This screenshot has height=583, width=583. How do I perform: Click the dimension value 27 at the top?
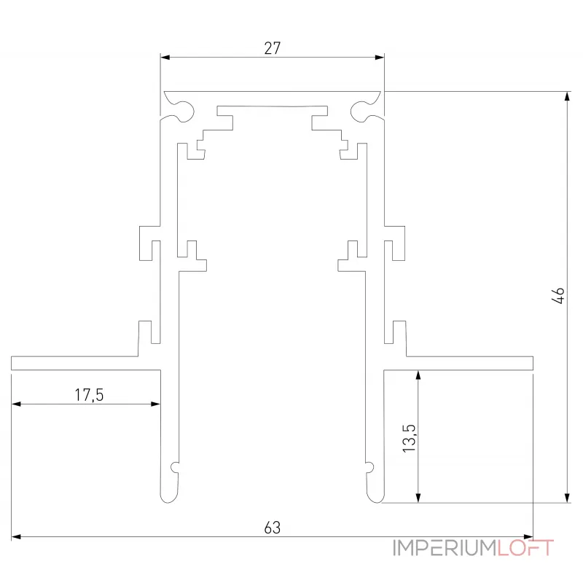point(272,48)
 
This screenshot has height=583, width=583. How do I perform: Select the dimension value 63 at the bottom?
point(272,527)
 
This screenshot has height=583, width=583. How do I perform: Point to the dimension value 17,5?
point(90,395)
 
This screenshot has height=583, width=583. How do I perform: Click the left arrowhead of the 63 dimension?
point(15,537)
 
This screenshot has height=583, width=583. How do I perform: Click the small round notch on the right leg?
point(370,467)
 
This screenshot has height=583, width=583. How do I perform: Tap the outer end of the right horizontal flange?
point(531,363)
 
